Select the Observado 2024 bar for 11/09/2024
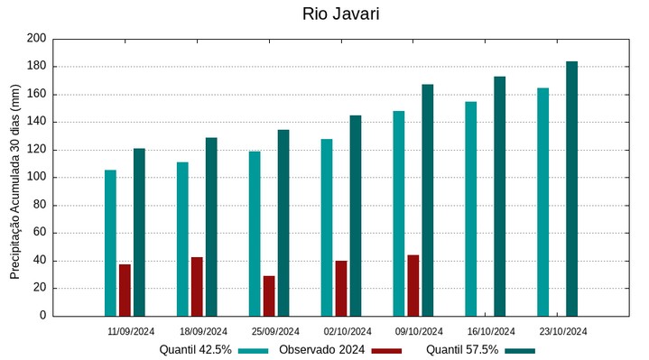125,290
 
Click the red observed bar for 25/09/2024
269,296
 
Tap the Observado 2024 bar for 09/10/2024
413,285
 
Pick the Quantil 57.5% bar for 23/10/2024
571,189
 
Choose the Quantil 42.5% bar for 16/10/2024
470,208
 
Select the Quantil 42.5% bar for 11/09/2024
110,243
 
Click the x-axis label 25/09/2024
275,331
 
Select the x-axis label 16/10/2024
491,331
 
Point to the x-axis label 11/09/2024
131,331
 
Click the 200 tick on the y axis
36,39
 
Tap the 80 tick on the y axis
39,205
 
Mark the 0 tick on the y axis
42,316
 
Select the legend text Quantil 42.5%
196,349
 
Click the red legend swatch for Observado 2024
386,350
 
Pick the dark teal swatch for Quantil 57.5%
520,350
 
